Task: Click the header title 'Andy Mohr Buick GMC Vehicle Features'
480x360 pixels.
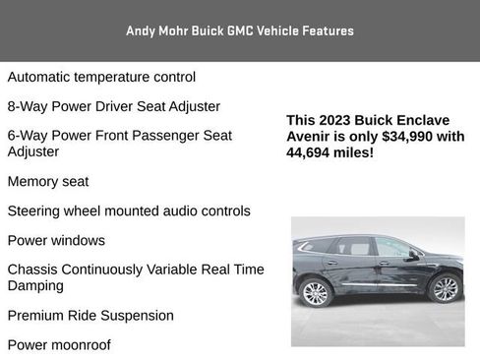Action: [x=240, y=30]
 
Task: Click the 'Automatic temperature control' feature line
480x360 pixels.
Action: [x=101, y=77]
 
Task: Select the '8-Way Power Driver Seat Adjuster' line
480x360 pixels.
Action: [x=113, y=106]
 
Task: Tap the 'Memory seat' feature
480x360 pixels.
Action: [x=47, y=181]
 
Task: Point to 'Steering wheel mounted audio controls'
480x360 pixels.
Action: [x=129, y=210]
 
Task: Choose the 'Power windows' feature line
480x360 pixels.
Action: [x=56, y=240]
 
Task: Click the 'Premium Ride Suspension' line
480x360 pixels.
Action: [x=90, y=316]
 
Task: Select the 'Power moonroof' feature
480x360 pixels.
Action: [x=59, y=345]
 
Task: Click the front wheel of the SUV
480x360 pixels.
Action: [x=445, y=288]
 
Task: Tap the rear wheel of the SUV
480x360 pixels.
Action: [x=316, y=293]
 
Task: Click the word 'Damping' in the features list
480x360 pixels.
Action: [x=35, y=285]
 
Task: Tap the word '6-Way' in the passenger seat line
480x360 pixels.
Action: [x=28, y=136]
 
